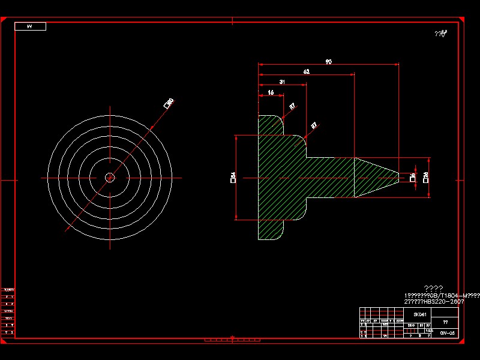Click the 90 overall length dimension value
tap(328, 61)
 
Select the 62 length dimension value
tap(306, 71)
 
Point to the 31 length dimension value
tap(282, 82)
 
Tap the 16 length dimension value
tap(271, 92)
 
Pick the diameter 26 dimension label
tap(425, 177)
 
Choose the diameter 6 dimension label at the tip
tap(413, 177)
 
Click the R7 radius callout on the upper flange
tap(292, 106)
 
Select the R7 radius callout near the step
tap(314, 125)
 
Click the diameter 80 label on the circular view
tap(169, 103)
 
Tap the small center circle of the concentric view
tap(110, 177)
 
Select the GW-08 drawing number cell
tap(448, 333)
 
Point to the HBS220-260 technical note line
tap(434, 301)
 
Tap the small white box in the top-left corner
tap(30, 26)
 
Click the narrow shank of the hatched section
tap(330, 177)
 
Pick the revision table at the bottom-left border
tap(8, 312)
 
